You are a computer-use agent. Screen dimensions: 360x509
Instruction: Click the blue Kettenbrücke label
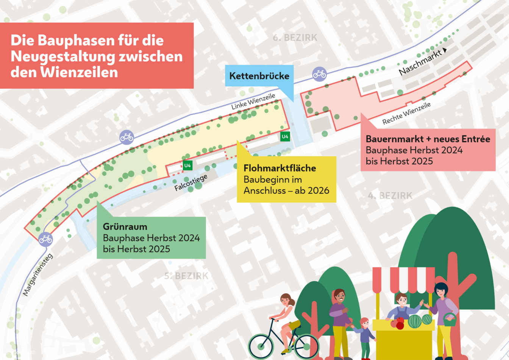click(x=259, y=76)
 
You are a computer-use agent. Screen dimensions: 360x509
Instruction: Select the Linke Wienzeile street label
click(x=253, y=102)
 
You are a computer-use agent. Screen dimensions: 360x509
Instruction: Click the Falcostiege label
click(x=191, y=182)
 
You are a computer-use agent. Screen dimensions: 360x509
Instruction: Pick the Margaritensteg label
click(x=38, y=274)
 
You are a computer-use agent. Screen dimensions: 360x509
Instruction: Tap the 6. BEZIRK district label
click(x=295, y=38)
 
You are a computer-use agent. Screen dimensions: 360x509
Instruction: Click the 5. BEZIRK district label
click(x=186, y=276)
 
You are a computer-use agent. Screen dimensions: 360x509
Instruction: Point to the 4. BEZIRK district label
click(x=390, y=196)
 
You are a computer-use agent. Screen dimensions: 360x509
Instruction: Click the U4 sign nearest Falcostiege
click(x=187, y=165)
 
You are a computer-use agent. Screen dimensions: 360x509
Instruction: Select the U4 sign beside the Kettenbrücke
click(x=285, y=136)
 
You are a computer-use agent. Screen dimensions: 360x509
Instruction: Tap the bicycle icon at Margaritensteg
click(x=45, y=239)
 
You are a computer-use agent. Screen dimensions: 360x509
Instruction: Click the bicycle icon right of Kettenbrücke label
click(x=319, y=74)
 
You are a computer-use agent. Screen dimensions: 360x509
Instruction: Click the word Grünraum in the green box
click(x=125, y=227)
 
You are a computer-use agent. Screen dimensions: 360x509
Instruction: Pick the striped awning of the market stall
click(x=403, y=280)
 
